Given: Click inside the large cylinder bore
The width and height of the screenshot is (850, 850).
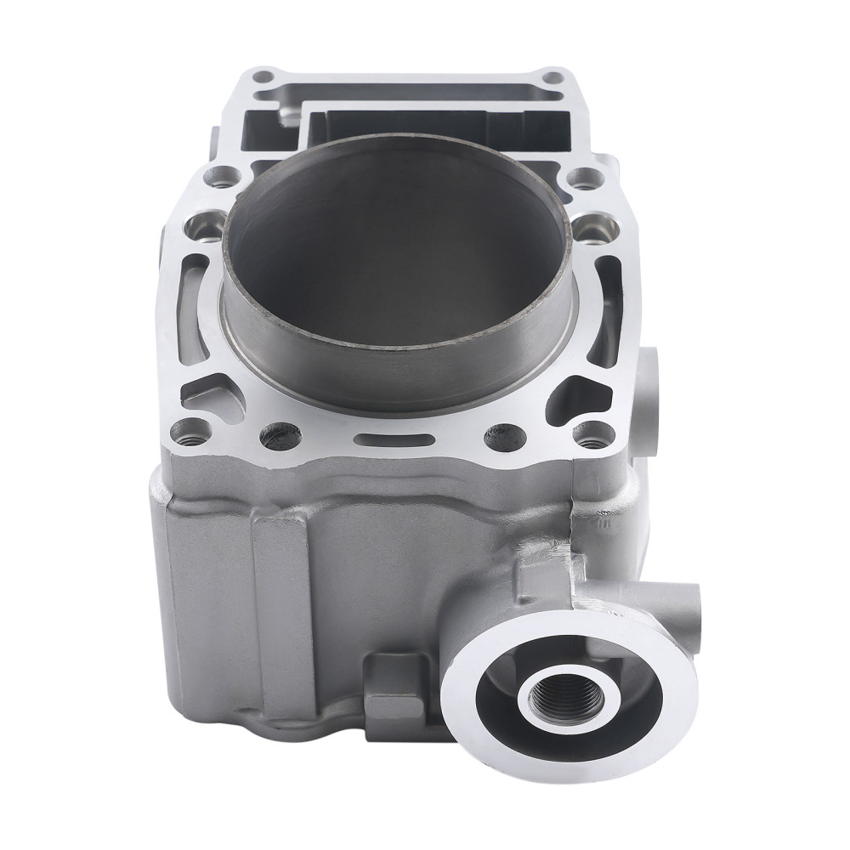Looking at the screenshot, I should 399,255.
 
